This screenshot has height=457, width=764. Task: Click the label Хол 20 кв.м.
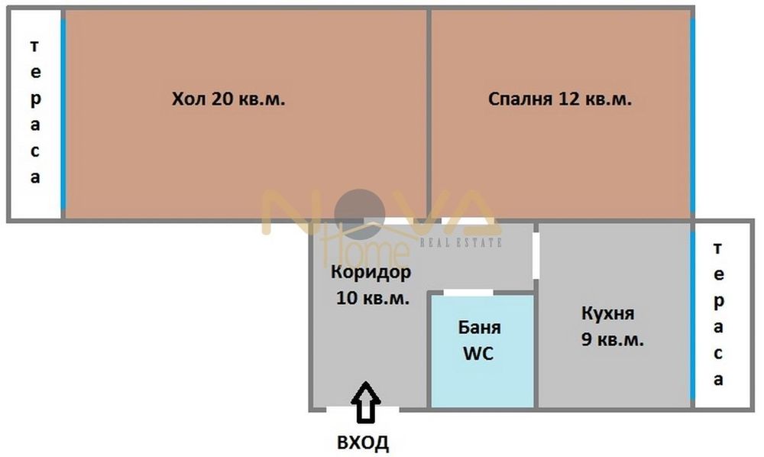pos(228,99)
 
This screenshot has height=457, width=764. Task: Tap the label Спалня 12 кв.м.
pos(559,99)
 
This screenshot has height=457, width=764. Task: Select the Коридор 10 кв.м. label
pos(371,284)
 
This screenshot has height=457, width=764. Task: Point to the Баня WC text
pos(480,341)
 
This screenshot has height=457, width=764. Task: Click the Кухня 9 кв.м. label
pos(611,326)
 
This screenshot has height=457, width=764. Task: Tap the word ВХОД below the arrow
pos(363,442)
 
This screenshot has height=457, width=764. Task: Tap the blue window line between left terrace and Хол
pos(63,115)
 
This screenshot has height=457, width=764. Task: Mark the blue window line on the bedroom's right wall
pos(692,115)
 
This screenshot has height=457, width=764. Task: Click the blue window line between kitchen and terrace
pos(692,313)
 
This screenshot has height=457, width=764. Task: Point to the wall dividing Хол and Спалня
pos(429,115)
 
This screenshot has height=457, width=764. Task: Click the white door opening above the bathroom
pos(468,293)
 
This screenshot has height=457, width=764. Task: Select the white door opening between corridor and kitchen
pos(536,254)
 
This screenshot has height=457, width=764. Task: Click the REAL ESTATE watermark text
pos(461,243)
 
